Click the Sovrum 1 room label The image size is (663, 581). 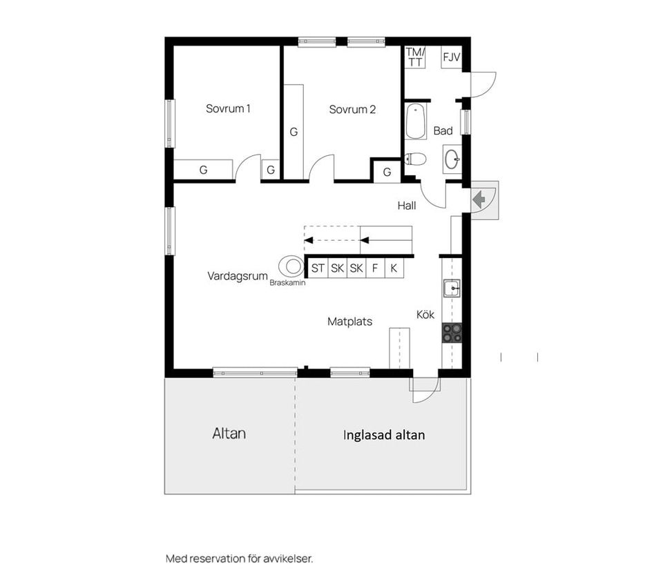pyautogui.click(x=228, y=108)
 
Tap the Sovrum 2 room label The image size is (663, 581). pyautogui.click(x=352, y=110)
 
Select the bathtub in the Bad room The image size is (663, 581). pyautogui.click(x=416, y=122)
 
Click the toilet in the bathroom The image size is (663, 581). pyautogui.click(x=415, y=159)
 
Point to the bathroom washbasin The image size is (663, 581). pyautogui.click(x=452, y=159)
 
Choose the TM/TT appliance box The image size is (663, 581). pyautogui.click(x=415, y=57)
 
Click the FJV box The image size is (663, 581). pyautogui.click(x=451, y=57)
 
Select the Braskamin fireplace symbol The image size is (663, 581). pyautogui.click(x=291, y=266)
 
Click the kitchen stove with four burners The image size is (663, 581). pyautogui.click(x=452, y=333)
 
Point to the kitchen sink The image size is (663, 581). pyautogui.click(x=452, y=288)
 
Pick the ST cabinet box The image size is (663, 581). pyautogui.click(x=318, y=268)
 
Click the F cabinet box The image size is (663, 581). pyautogui.click(x=375, y=268)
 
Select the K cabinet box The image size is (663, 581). pyautogui.click(x=394, y=268)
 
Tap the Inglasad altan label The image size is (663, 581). pyautogui.click(x=384, y=435)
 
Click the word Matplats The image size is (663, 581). pyautogui.click(x=349, y=322)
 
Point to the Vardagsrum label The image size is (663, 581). pyautogui.click(x=238, y=276)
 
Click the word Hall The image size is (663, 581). pyautogui.click(x=407, y=206)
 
